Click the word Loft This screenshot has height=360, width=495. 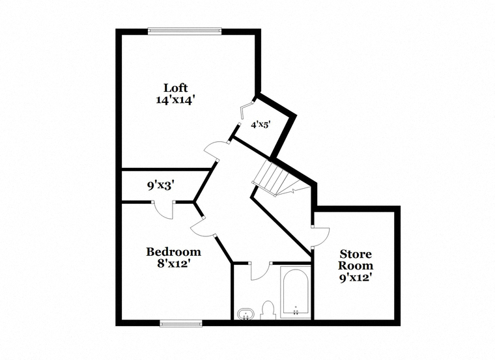pos(175,88)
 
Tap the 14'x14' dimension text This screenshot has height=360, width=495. pos(175,100)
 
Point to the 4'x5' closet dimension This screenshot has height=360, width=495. pos(261,125)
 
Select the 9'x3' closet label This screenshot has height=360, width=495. pos(161,186)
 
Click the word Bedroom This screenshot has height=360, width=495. pos(174,252)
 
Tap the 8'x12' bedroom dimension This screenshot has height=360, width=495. pos(173,263)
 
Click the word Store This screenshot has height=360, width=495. pos(356,254)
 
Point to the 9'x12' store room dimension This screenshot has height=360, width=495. pos(355,278)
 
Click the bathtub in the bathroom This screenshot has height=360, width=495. pos(296,292)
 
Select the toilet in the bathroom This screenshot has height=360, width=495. pos(268,310)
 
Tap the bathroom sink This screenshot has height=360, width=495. pos(246,314)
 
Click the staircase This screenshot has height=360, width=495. pos(281,178)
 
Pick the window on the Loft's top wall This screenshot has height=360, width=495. pos(185,31)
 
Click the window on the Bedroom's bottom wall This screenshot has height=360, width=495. pos(181,323)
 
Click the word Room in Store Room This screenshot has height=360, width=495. pos(356,266)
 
